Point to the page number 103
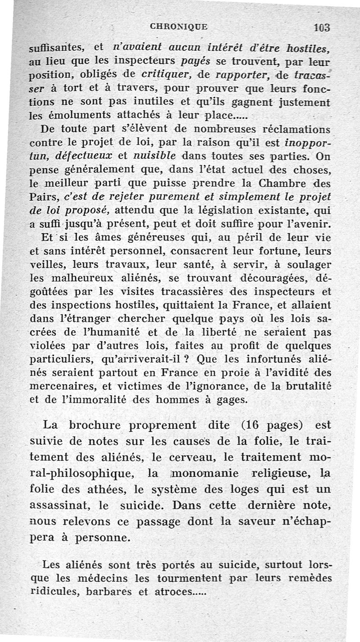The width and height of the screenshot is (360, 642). pyautogui.click(x=322, y=27)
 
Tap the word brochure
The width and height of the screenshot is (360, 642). pyautogui.click(x=99, y=425)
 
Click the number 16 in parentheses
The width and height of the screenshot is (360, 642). pyautogui.click(x=255, y=425)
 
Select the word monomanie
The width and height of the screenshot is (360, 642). pyautogui.click(x=210, y=473)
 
